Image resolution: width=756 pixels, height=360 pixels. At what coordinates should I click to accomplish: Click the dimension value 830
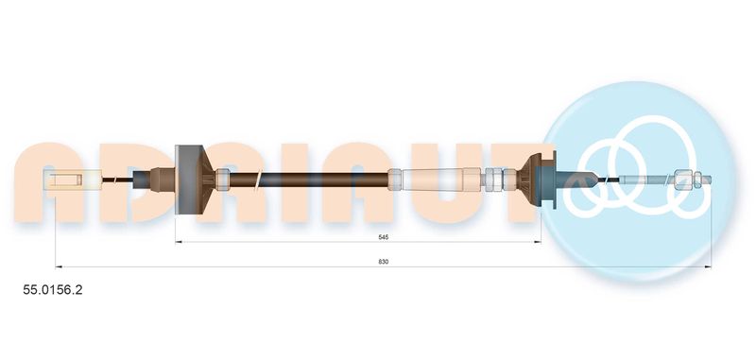tap(384, 262)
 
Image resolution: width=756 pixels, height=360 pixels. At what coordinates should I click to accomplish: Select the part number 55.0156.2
tap(53, 290)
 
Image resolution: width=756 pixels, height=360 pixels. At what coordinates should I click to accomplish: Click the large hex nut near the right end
tap(681, 180)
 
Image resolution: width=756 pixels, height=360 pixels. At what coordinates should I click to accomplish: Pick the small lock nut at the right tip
tap(697, 180)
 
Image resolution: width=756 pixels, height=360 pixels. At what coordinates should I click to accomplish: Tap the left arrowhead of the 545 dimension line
tap(178, 242)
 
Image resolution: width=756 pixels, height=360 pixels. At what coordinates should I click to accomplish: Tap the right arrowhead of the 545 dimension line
tap(538, 242)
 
